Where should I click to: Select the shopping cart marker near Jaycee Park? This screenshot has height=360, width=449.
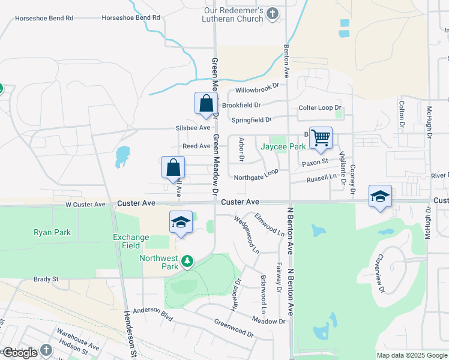tap(321, 138)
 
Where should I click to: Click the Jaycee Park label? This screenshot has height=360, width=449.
tap(283, 146)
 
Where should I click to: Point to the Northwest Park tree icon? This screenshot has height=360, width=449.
tap(187, 261)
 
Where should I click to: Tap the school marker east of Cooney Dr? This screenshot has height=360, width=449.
tap(381, 197)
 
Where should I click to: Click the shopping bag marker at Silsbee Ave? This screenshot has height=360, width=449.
tap(206, 103)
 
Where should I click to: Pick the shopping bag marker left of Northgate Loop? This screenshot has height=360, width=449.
tap(173, 167)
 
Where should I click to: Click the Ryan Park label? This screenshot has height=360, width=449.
tap(52, 232)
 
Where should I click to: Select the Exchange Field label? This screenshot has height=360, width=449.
tap(131, 241)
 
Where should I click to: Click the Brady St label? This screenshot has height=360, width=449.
tap(46, 279)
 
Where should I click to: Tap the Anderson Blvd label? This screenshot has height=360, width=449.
tap(152, 312)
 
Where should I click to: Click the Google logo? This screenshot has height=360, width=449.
tap(20, 352)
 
